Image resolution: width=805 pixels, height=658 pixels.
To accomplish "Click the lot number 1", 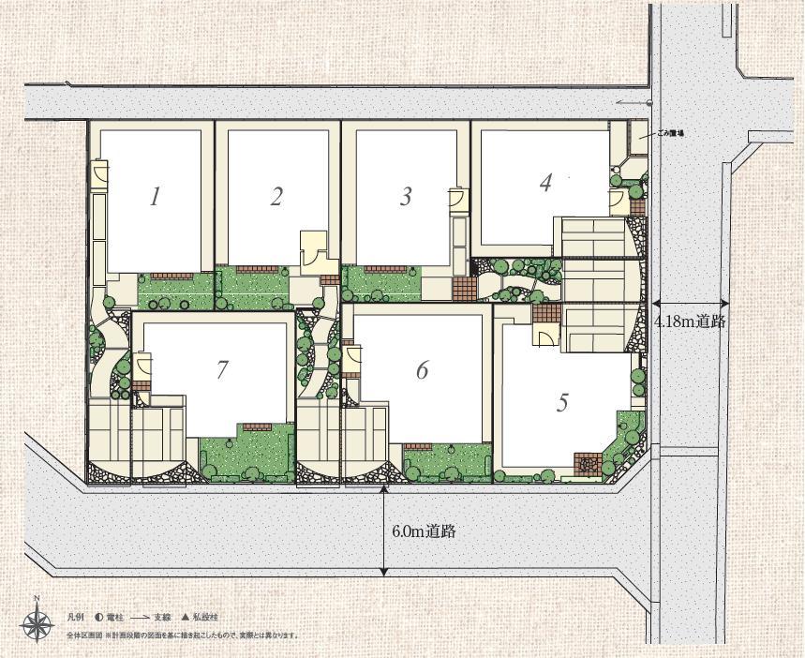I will pos(156,196).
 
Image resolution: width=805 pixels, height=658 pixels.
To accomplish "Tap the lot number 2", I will pos(276,196).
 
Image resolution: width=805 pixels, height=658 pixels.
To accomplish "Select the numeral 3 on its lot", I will pos(406,196).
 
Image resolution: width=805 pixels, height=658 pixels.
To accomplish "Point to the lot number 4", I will pos(545,182).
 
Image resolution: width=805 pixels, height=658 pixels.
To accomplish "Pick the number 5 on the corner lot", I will pos(562,402).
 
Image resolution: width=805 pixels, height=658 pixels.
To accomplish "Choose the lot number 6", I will pos(422,370).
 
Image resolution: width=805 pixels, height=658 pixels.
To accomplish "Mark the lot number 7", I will pos(222,369).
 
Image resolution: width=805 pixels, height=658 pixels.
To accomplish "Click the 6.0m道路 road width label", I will pos(424,531).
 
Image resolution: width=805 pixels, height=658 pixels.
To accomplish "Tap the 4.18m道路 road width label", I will pos(691,321).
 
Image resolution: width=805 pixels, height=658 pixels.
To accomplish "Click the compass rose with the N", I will pos(37,621).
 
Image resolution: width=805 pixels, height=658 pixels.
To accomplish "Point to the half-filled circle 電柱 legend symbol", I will pos(98,618).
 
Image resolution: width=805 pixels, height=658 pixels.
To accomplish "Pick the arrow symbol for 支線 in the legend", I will pos(140,618).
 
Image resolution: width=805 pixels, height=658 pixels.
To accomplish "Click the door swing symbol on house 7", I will pos(143,365).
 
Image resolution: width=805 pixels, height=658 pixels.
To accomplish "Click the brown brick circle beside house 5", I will pos(588,462).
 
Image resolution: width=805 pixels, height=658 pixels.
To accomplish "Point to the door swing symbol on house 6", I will pos(352,357).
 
